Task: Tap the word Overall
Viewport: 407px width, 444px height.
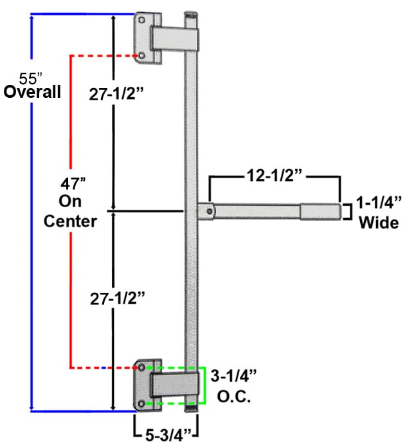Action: [32, 92]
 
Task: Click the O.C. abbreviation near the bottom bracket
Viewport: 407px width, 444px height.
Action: [231, 394]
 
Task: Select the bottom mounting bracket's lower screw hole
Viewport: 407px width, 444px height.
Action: [141, 403]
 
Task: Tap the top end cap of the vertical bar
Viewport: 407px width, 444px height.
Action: [191, 14]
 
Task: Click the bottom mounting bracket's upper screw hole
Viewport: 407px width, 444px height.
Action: [141, 367]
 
